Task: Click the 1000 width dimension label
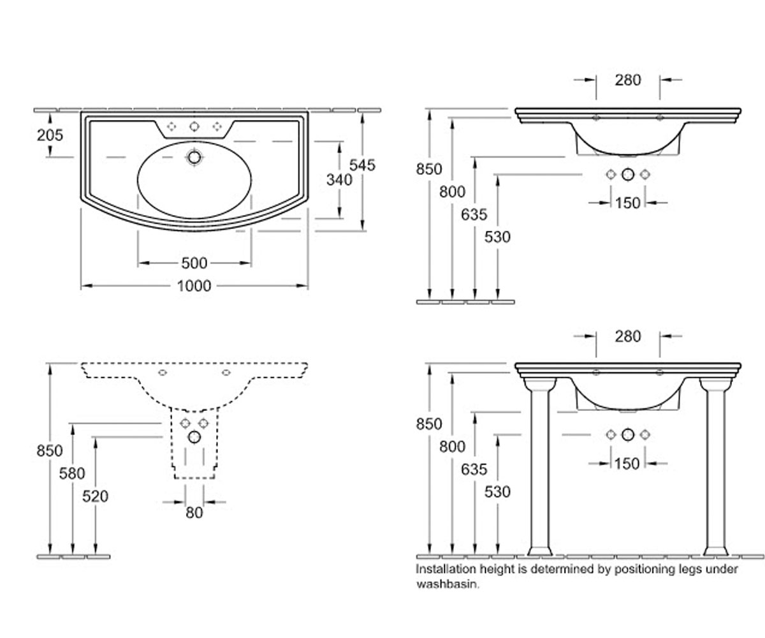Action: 194,286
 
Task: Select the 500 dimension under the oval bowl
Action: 194,263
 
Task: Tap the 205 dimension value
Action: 50,135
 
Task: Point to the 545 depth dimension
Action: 362,165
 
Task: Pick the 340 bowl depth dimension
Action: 339,180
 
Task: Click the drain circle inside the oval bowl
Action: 194,158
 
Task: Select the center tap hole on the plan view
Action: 194,126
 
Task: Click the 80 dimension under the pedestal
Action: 194,513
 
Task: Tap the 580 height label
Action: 72,473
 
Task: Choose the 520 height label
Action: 95,496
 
